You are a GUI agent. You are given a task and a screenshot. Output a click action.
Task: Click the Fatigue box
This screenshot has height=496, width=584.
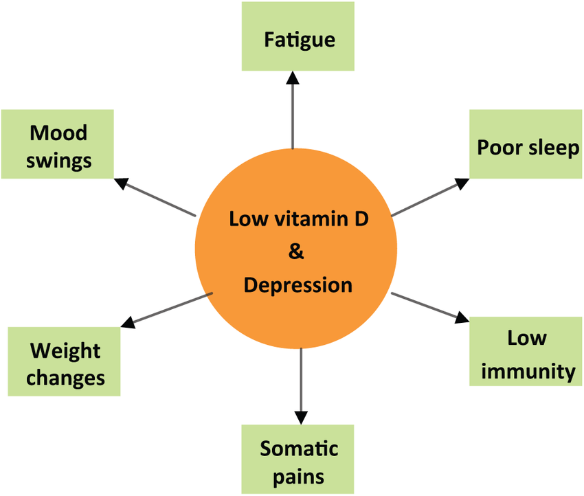297,37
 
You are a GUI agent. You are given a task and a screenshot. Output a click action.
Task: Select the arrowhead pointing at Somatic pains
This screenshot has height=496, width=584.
300,416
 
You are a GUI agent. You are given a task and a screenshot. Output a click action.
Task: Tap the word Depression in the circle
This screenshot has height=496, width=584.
298,284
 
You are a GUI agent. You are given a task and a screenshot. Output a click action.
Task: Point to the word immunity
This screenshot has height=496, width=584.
528,372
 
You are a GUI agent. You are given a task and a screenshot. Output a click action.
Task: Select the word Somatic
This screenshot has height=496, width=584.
299,449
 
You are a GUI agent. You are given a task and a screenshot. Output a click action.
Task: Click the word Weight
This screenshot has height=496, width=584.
65,351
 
